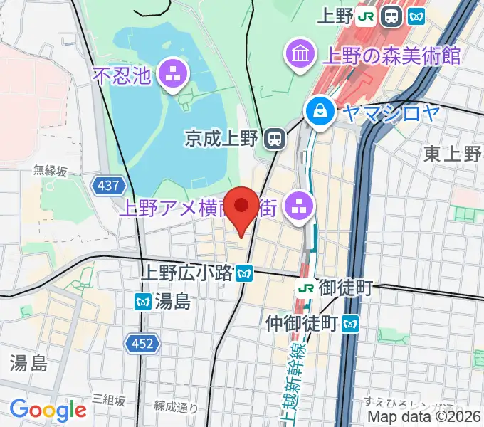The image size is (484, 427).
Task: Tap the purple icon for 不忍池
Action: (x=172, y=73)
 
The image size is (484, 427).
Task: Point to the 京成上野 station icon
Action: (x=273, y=138)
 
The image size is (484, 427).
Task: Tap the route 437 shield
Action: (x=109, y=186)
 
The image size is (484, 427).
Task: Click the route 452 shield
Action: (x=142, y=344)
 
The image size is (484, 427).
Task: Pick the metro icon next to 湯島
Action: (x=142, y=301)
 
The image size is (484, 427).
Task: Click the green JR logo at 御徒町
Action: (x=306, y=288)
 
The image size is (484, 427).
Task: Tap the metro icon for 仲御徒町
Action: (x=349, y=324)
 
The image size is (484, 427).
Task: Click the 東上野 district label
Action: (x=453, y=154)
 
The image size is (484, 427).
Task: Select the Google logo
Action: (x=48, y=410)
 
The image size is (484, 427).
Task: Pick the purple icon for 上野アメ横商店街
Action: (x=296, y=207)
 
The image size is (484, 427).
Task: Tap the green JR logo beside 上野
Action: (x=367, y=16)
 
